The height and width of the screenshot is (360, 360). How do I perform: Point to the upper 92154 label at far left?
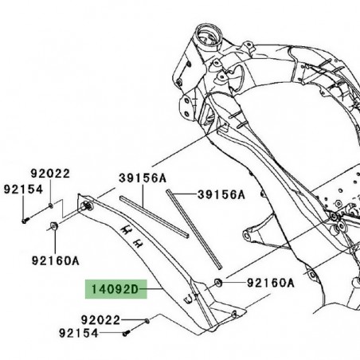pyautogui.click(x=22, y=190)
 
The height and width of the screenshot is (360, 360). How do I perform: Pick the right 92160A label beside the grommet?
pyautogui.click(x=269, y=283)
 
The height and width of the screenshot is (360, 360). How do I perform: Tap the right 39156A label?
pyautogui.click(x=221, y=194)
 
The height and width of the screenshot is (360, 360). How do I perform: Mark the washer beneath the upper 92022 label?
pyautogui.click(x=52, y=205)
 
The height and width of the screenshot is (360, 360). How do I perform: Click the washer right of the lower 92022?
pyautogui.click(x=148, y=321)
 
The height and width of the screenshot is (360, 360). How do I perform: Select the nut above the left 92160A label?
pyautogui.click(x=52, y=229)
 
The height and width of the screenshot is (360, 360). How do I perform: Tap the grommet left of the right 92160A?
pyautogui.click(x=219, y=283)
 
